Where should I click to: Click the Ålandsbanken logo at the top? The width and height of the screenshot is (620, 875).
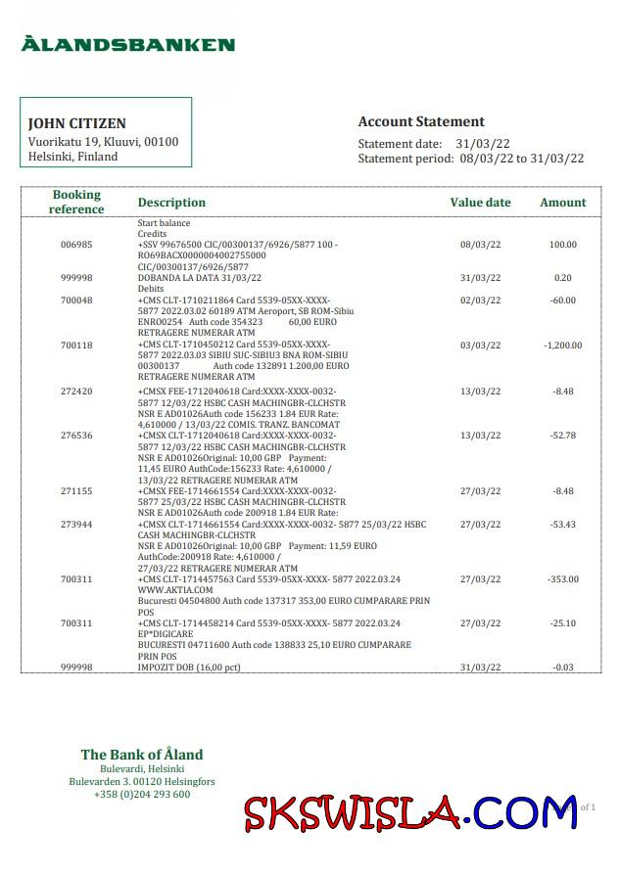point(128,44)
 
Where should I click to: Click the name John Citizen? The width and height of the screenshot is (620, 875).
point(76,124)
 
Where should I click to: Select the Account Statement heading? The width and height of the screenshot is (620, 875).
point(421,122)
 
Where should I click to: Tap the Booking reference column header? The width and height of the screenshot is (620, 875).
point(76,203)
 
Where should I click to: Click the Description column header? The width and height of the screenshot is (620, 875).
point(171,203)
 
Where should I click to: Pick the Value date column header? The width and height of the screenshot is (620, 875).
point(480,203)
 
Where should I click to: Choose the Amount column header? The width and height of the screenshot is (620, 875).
point(563,203)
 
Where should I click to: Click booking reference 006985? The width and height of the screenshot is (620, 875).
point(76,245)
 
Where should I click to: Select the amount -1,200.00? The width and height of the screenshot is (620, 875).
point(562,345)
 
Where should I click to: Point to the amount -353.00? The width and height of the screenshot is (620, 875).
point(562,579)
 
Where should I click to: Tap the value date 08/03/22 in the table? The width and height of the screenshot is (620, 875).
point(481,245)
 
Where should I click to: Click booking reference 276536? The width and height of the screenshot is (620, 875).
point(76,435)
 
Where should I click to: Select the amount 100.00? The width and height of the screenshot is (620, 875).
point(562,245)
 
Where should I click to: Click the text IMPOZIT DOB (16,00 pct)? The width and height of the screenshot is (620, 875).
point(189,667)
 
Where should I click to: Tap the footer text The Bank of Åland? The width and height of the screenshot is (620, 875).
point(142,755)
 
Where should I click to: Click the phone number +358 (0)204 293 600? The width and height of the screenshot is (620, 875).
point(142,795)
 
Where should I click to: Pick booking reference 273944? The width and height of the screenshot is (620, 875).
point(76,525)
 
